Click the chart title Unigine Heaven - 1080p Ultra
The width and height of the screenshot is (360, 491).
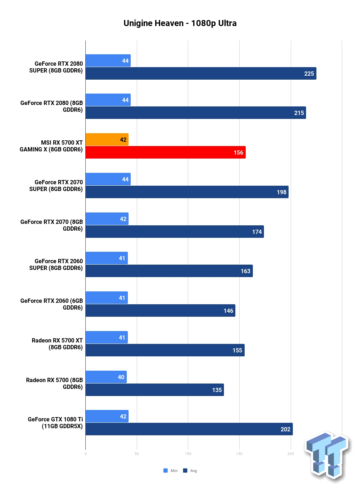click(180, 23)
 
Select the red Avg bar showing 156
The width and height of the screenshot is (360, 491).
click(165, 152)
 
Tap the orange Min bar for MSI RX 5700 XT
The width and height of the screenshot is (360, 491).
click(107, 139)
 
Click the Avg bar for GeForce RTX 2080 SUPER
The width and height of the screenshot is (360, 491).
click(201, 74)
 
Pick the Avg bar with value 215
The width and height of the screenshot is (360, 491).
click(196, 113)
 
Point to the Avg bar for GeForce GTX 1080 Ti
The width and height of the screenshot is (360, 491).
click(189, 429)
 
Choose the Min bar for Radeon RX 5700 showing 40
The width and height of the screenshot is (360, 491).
click(106, 377)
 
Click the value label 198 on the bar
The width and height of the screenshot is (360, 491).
click(281, 192)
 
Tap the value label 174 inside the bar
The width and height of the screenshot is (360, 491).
click(257, 232)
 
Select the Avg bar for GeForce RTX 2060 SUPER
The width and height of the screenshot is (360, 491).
click(169, 271)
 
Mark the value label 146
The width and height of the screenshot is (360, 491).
click(229, 311)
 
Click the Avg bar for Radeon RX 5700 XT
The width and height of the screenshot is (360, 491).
click(165, 350)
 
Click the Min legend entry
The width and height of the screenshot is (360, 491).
click(170, 471)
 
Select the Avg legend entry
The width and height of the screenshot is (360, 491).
click(190, 471)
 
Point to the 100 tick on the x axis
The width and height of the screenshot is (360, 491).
click(188, 454)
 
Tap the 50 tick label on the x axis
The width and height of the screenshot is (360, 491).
click(137, 454)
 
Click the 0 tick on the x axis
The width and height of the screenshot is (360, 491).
click(85, 454)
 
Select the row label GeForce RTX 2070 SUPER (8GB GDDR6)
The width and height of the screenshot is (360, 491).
click(56, 185)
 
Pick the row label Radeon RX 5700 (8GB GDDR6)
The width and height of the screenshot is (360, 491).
click(54, 383)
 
